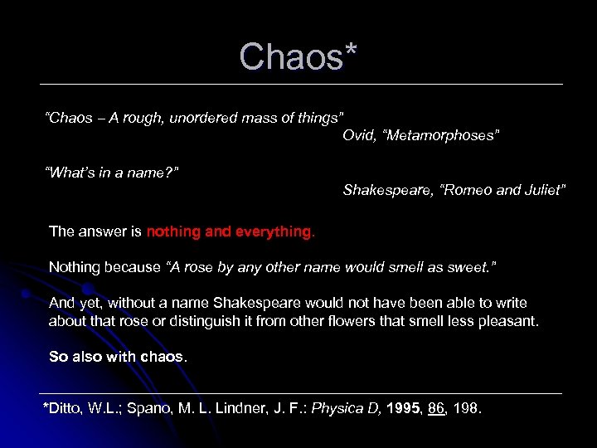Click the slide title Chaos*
(298, 56)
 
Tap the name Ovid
(359, 135)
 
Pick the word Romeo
(465, 190)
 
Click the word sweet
(475, 267)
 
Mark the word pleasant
(507, 320)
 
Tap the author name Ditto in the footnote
(66, 409)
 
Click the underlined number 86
(437, 409)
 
